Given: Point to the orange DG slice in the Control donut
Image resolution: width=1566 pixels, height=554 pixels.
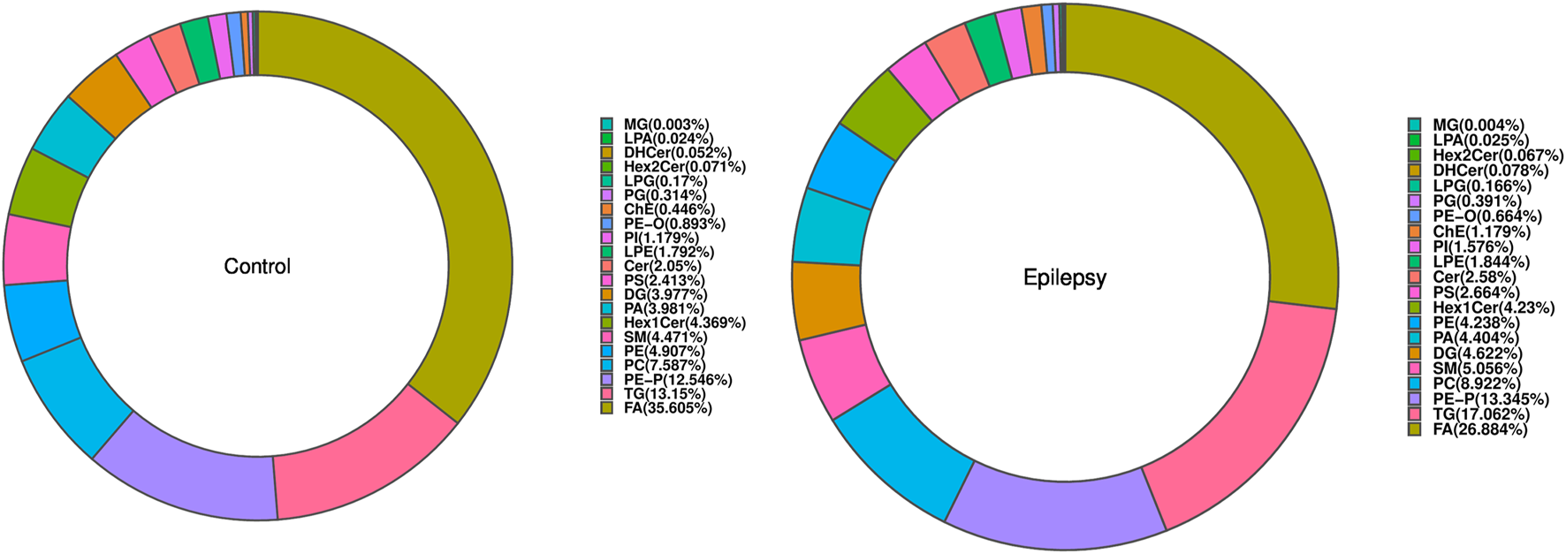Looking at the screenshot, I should [109, 97].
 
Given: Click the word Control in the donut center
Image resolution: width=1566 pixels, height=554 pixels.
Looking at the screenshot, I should [257, 266].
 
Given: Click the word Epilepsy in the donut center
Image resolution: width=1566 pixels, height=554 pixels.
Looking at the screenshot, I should [1065, 277].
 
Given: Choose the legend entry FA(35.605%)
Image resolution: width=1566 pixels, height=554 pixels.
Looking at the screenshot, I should [667, 408].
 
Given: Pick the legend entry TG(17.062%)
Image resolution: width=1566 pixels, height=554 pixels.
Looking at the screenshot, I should [1481, 414].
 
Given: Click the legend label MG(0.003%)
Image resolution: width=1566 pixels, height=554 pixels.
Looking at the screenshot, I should [665, 124].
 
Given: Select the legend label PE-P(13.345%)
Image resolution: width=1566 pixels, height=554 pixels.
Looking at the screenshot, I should [1490, 399].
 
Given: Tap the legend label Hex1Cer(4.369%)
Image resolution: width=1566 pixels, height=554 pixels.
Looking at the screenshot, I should [684, 323].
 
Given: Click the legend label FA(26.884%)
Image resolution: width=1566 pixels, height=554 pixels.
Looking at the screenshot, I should [1479, 429].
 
